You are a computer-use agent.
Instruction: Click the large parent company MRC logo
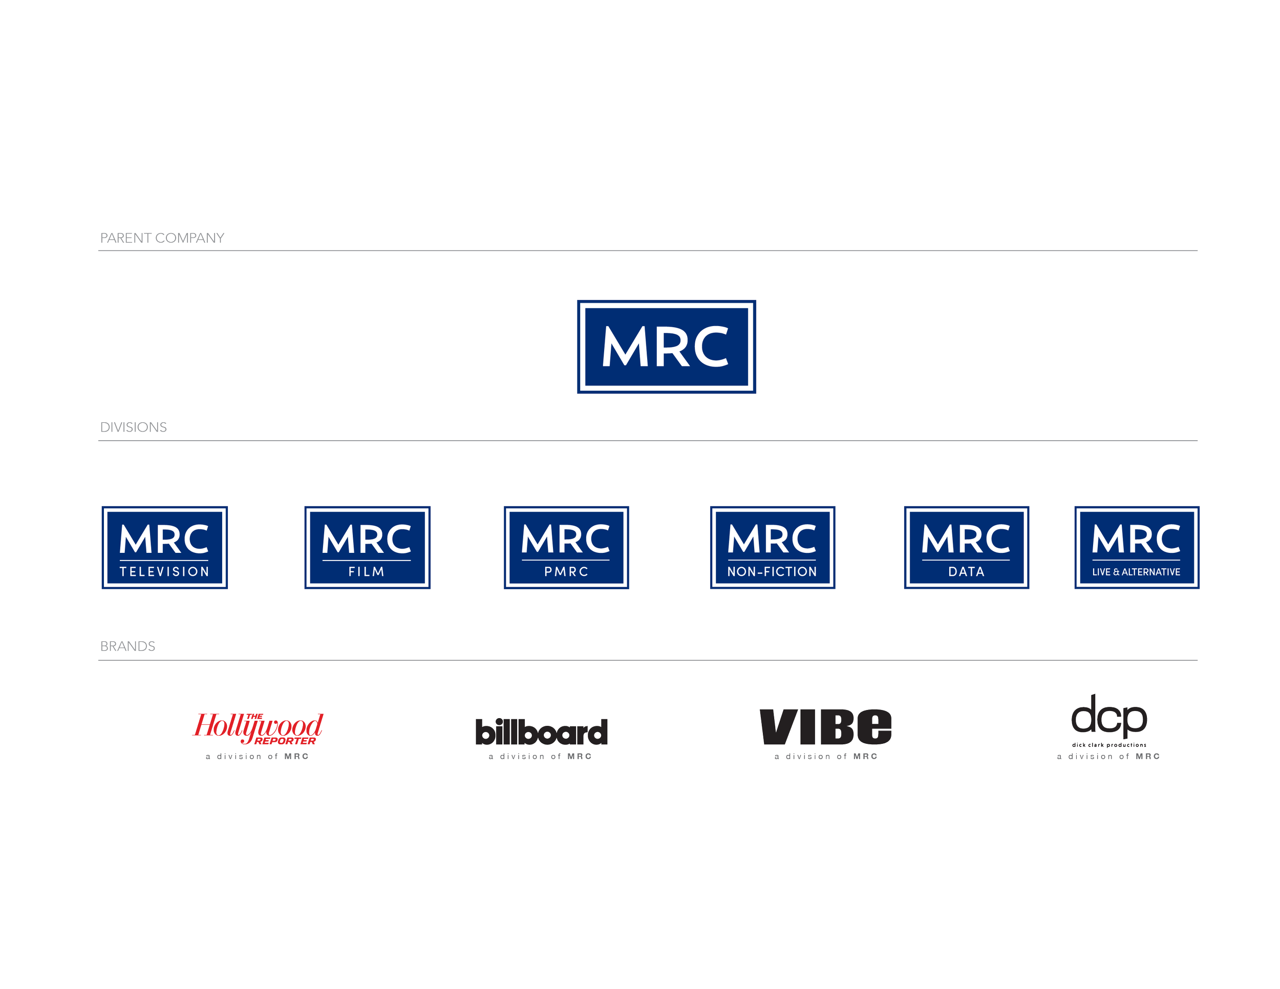pyautogui.click(x=667, y=347)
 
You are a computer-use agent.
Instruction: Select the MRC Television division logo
pyautogui.click(x=165, y=547)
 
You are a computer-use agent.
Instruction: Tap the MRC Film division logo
pyautogui.click(x=368, y=547)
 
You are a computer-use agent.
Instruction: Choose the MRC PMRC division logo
pyautogui.click(x=566, y=547)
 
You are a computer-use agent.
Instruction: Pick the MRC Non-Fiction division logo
pyautogui.click(x=772, y=547)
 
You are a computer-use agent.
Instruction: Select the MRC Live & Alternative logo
pyautogui.click(x=1137, y=547)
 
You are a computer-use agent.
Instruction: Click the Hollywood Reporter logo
pyautogui.click(x=258, y=728)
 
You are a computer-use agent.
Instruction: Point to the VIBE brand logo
pyautogui.click(x=825, y=726)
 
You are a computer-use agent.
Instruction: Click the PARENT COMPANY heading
pyautogui.click(x=162, y=238)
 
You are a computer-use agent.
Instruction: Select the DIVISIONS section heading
pyautogui.click(x=134, y=427)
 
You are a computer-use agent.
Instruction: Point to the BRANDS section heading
pyautogui.click(x=128, y=646)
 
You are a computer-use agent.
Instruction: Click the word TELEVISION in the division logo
pyautogui.click(x=165, y=572)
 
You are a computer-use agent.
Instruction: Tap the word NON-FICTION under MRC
pyautogui.click(x=772, y=572)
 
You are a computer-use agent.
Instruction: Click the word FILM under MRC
pyautogui.click(x=367, y=572)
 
